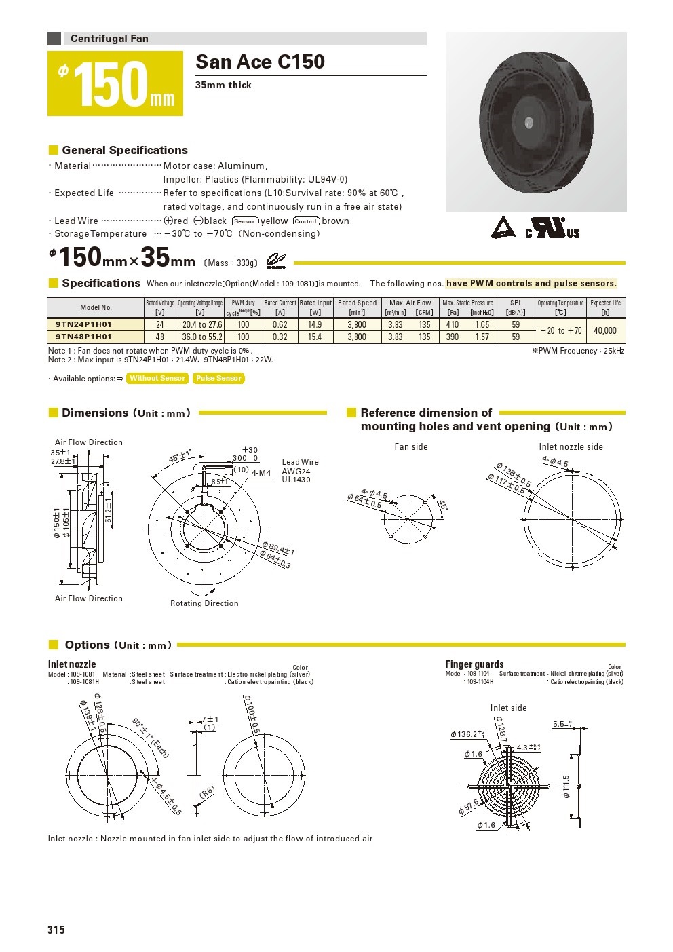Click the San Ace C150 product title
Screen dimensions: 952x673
tap(260, 62)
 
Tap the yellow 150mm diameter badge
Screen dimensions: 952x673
tap(115, 83)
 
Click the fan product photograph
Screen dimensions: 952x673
tap(536, 122)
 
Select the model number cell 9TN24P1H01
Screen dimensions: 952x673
tap(83, 325)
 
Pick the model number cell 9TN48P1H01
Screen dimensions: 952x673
tap(83, 337)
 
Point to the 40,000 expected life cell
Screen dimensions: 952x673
tap(605, 330)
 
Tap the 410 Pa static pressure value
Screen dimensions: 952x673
tap(453, 325)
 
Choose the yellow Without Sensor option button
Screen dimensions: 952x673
tap(157, 379)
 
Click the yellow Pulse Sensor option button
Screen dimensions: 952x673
tap(218, 379)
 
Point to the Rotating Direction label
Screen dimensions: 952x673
tap(204, 603)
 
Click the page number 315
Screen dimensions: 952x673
tap(56, 930)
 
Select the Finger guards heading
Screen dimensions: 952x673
tap(474, 664)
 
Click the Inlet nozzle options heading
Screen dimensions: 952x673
tap(72, 664)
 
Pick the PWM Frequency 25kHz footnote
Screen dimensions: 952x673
tap(578, 351)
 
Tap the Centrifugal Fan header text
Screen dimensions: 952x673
tap(109, 39)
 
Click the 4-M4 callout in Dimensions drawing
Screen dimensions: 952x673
tap(261, 473)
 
